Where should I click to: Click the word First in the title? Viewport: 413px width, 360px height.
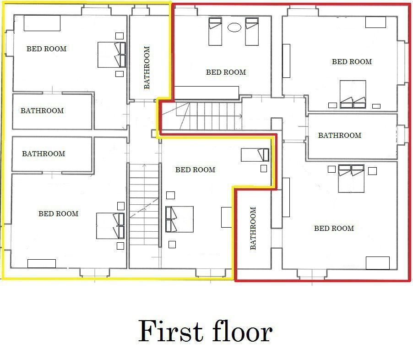coord(170,331)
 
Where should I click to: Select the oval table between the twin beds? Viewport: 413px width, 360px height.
coord(234,27)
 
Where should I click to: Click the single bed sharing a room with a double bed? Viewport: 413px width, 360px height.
coord(255,155)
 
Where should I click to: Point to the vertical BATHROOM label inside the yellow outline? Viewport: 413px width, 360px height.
coord(147,67)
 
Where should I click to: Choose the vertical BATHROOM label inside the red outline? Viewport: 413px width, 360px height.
coord(253,228)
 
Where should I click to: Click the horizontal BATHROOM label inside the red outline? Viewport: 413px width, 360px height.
coord(340,135)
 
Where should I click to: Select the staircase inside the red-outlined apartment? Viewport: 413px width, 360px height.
coord(201,116)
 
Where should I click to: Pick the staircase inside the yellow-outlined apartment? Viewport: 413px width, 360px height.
coord(144,205)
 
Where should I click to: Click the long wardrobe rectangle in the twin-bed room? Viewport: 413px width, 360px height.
coord(206,93)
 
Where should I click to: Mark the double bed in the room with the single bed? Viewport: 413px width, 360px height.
coord(179,219)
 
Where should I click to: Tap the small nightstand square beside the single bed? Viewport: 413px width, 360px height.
coord(264,169)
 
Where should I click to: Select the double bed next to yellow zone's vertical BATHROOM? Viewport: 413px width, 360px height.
coord(112,55)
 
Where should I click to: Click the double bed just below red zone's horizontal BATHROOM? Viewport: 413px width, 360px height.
coord(351,179)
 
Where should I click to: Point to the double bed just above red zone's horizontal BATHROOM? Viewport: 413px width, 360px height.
coord(353,94)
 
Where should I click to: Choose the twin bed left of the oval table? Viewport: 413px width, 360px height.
coord(215,32)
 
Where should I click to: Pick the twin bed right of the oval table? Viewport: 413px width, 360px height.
coord(252,32)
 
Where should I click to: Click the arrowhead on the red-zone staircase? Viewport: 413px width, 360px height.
coord(240,116)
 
